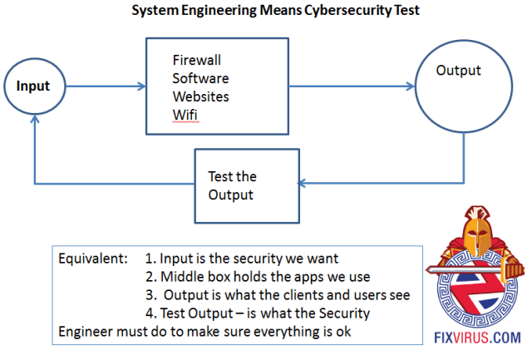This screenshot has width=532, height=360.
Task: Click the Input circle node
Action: pyautogui.click(x=33, y=86)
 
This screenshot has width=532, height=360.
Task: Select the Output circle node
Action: pyautogui.click(x=459, y=86)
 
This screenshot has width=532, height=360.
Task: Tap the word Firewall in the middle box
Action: pyautogui.click(x=197, y=61)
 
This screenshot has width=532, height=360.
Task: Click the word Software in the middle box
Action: pyautogui.click(x=199, y=78)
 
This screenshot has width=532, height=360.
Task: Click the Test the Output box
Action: pyautogui.click(x=246, y=185)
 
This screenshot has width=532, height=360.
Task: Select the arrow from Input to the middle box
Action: pyautogui.click(x=101, y=86)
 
